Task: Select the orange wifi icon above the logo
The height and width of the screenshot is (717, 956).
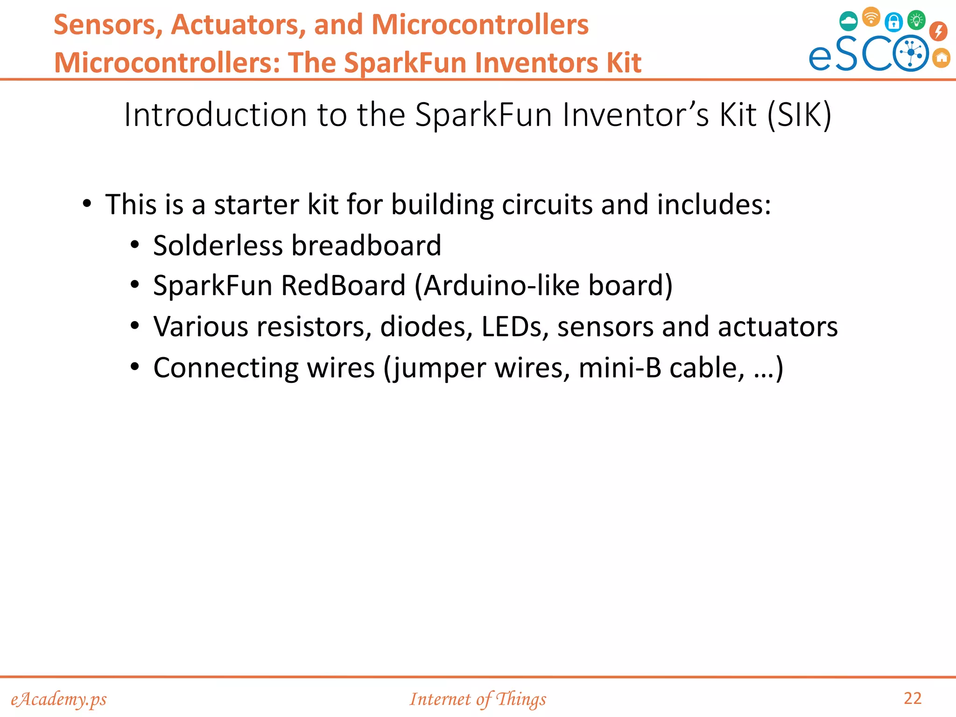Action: pos(871,17)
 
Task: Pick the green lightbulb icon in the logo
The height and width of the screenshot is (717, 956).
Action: pos(916,20)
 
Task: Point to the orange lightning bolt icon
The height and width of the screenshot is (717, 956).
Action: pos(938,31)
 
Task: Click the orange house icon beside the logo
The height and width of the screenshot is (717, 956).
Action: pos(942,58)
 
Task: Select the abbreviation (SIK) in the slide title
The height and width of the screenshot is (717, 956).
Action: pos(799,115)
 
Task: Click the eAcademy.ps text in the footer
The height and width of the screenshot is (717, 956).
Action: pos(59,699)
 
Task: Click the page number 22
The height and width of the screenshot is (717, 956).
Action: pos(913,698)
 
